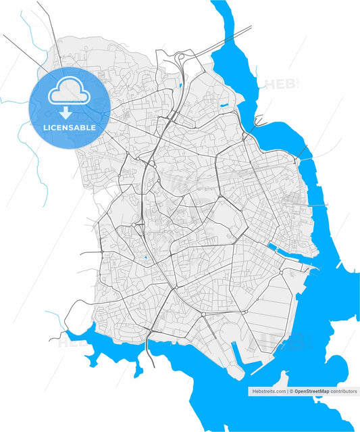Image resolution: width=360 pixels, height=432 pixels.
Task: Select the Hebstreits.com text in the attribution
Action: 268,391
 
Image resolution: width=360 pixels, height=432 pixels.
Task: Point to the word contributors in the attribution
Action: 343,391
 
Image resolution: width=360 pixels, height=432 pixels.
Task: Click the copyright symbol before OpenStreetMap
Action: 290,391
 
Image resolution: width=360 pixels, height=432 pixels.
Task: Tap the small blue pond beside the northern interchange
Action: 181,85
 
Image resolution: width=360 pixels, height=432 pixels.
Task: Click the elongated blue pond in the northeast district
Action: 224,105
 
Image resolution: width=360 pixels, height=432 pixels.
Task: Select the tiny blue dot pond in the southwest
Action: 145,257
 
